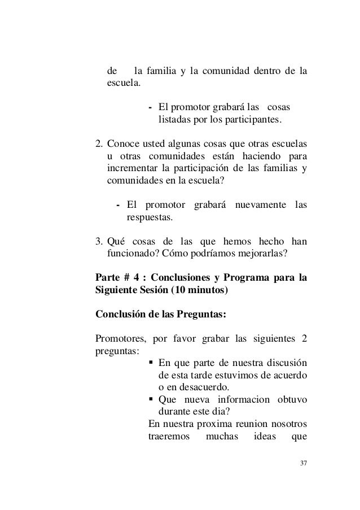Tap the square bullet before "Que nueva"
click(x=151, y=400)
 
